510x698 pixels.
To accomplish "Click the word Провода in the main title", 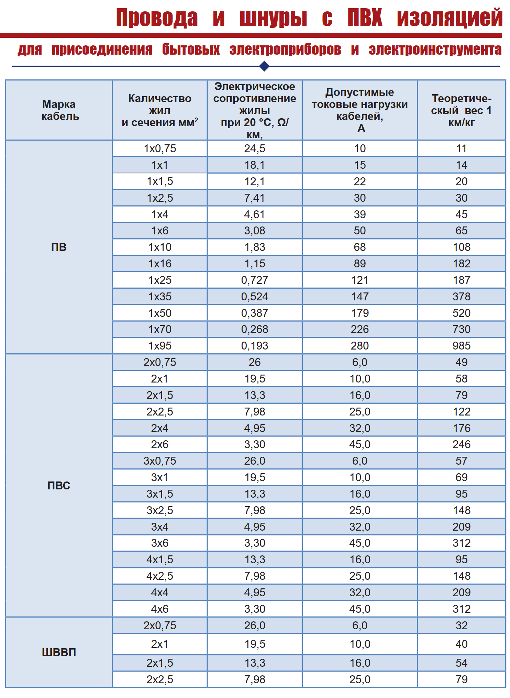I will pos(157,18).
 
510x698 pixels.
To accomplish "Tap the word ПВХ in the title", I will pos(365,18).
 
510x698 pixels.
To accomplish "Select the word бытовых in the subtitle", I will pos(191,49).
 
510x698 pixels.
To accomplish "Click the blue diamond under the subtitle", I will pos(264,66).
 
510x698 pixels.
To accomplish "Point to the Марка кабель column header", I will pos(59,110).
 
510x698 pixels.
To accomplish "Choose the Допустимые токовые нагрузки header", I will pos(360,110).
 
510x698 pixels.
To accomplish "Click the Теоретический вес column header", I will pos(462,110).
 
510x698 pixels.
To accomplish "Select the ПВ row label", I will pos(59,247).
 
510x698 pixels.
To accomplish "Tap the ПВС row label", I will pos(59,486).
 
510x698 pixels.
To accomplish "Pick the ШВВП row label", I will pos(59,652).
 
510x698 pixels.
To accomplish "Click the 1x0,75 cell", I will pos(160,148).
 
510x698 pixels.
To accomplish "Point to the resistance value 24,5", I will pos(255,148).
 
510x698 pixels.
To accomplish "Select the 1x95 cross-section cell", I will pos(160,346).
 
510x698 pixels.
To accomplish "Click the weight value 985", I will pos(462,346).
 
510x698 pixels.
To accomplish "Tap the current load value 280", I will pos(360,346).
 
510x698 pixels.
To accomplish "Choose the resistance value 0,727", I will pos(255,280).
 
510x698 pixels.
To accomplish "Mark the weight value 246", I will pos(462,444).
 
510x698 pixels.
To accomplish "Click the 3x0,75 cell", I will pos(160,461).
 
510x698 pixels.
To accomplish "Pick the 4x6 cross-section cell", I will pos(160,609).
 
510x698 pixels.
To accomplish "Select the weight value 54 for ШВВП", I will pos(462,663).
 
